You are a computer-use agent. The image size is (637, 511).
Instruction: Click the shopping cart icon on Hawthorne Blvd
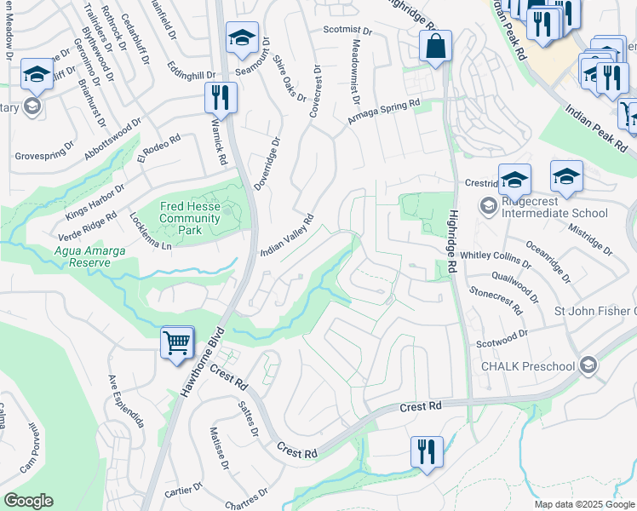(x=177, y=343)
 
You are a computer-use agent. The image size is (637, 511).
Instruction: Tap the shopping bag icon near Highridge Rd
(x=435, y=48)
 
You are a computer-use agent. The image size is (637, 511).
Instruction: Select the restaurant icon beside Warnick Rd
(x=221, y=99)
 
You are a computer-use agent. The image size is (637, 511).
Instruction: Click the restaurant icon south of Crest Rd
(x=427, y=451)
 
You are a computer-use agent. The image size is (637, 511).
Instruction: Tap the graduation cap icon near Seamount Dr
(x=242, y=38)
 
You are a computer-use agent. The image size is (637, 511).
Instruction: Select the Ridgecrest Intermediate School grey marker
(x=488, y=205)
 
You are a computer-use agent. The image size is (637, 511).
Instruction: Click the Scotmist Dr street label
(x=347, y=31)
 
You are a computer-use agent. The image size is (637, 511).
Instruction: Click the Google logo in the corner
(x=28, y=501)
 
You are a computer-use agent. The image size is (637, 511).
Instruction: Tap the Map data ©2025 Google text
(x=583, y=504)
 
